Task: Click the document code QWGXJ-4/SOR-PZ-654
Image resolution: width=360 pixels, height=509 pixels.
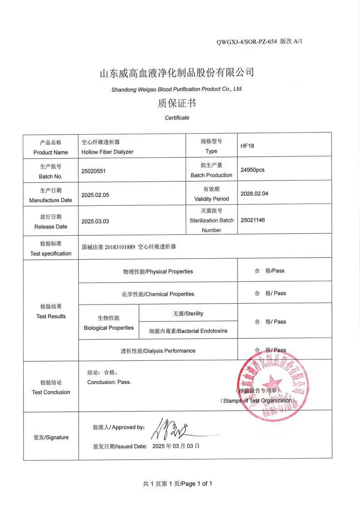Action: (247, 42)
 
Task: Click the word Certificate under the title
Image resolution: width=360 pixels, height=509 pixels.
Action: (177, 118)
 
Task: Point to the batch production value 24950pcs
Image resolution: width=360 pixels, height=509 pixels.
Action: (253, 170)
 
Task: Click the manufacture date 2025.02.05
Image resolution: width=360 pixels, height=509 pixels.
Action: (95, 195)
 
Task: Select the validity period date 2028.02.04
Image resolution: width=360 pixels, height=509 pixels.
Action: (254, 194)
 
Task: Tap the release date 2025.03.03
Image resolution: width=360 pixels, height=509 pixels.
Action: (95, 222)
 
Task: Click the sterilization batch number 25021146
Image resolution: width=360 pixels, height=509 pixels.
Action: (253, 220)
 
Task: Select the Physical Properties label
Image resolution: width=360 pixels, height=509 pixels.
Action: (158, 271)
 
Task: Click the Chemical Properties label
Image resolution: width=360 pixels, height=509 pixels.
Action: (158, 294)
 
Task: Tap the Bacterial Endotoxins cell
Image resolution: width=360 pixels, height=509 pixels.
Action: (188, 331)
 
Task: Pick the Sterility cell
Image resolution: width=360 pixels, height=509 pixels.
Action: (188, 314)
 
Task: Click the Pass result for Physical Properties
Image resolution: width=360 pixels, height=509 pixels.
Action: (270, 271)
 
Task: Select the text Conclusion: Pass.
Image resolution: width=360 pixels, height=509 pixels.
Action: (109, 382)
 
